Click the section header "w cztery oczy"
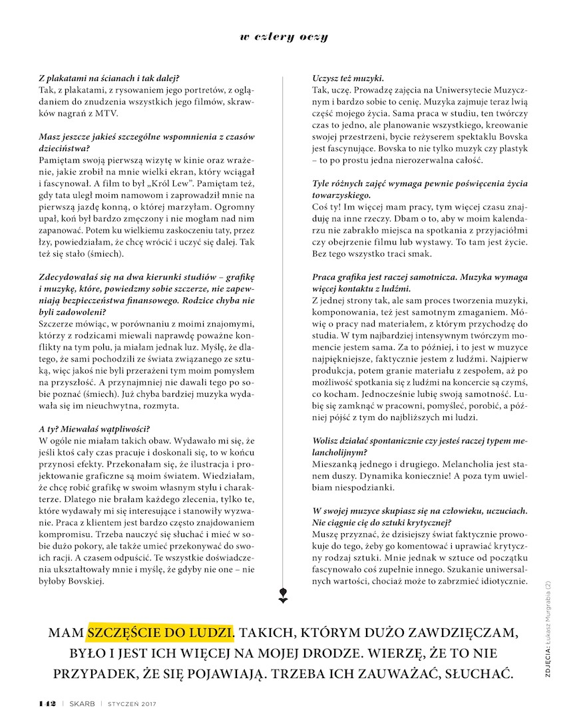[284, 37]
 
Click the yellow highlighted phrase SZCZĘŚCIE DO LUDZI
[160, 631]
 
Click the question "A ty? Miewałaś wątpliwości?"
[95, 429]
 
